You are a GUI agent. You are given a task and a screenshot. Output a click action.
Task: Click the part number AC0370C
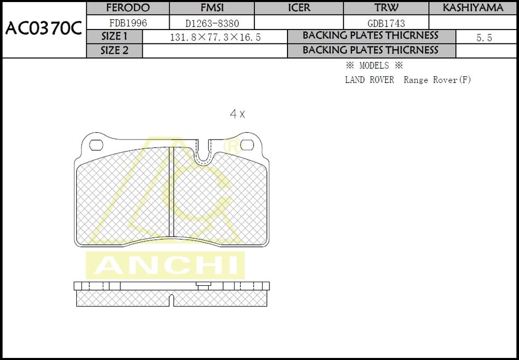[44, 29]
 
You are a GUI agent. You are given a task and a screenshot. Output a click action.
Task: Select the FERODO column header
[128, 8]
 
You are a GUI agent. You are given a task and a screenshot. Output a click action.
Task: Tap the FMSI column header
[212, 8]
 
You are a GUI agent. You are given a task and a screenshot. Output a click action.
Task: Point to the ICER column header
[299, 8]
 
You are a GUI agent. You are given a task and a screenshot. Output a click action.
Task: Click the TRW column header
[386, 8]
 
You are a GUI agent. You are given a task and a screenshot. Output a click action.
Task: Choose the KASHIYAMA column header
[473, 8]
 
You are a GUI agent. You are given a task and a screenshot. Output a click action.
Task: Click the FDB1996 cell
[128, 23]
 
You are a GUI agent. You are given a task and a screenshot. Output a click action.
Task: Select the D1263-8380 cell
[212, 23]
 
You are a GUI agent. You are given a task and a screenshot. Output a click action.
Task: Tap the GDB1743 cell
[386, 23]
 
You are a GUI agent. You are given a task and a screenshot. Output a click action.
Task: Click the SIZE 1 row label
[114, 36]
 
